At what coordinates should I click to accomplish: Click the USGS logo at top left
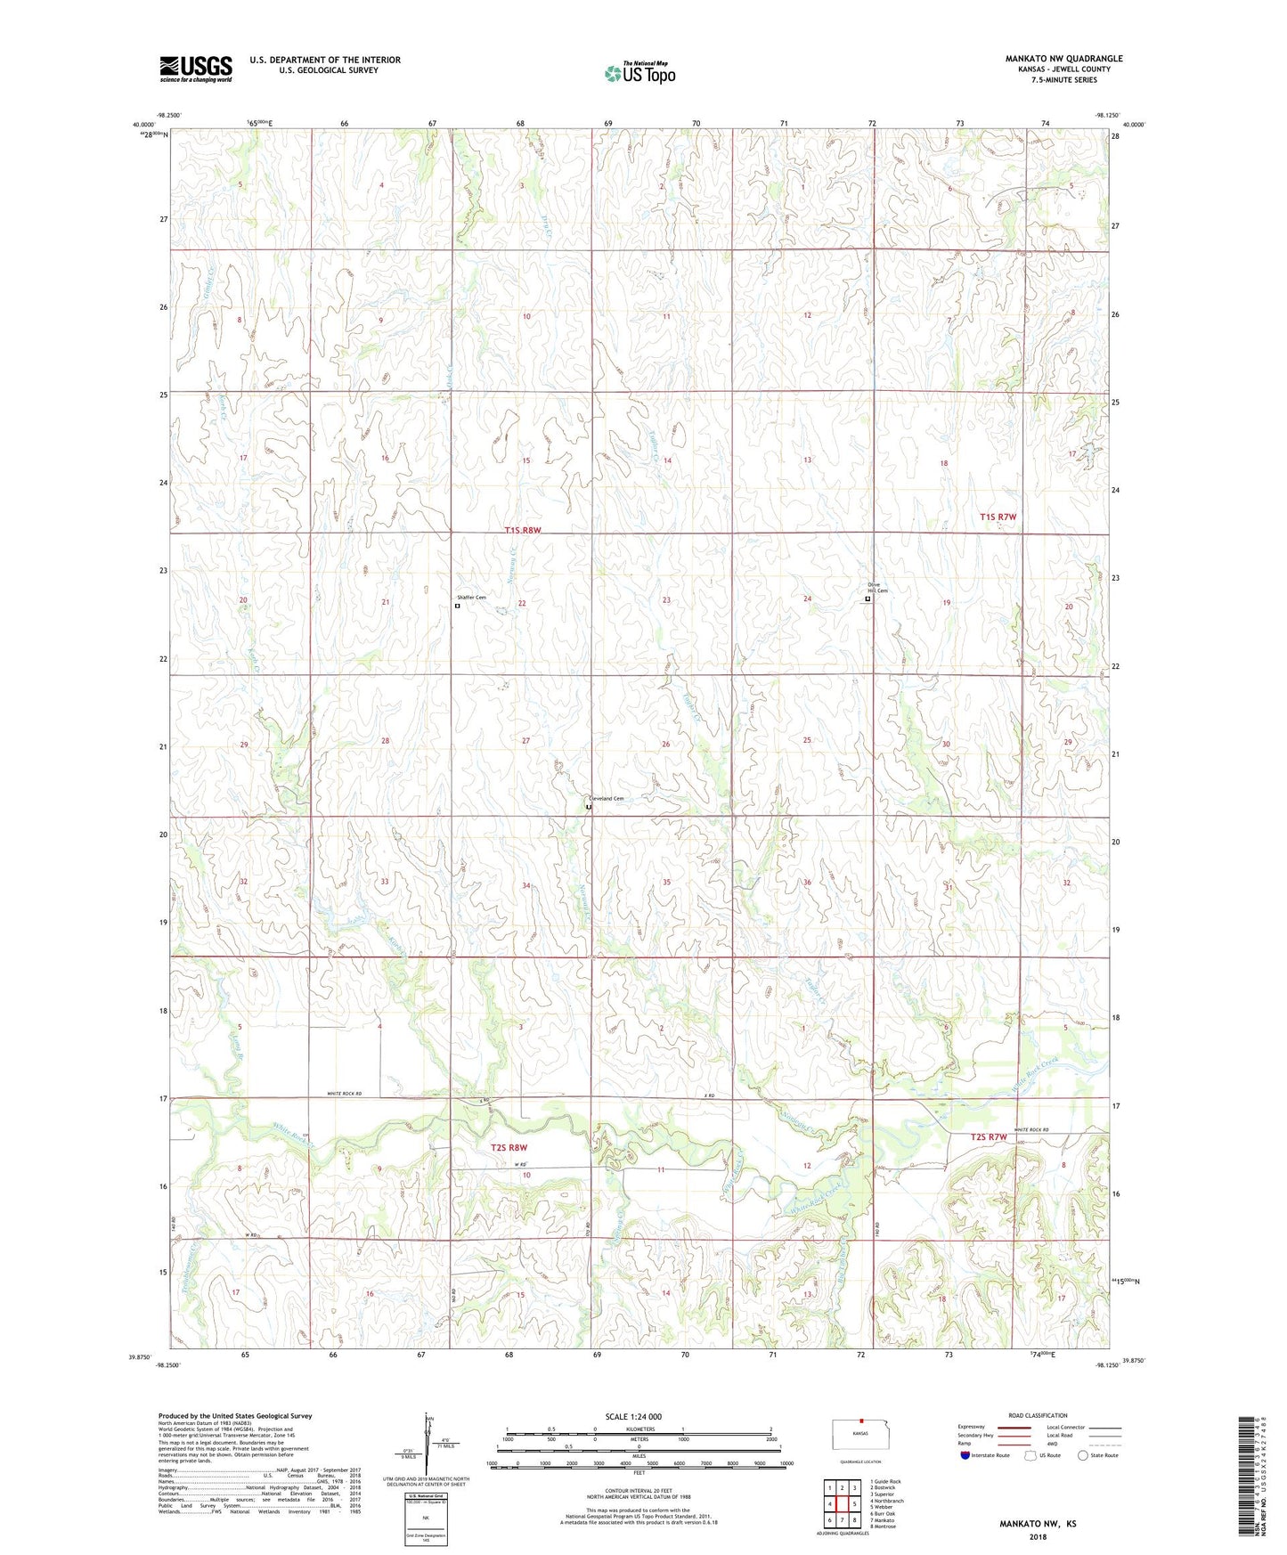coord(195,69)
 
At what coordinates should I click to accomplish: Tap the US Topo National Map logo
coord(639,73)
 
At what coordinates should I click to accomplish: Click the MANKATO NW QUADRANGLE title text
coord(1063,59)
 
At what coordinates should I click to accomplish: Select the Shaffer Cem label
coord(471,598)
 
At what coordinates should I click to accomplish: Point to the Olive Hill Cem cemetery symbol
coord(868,600)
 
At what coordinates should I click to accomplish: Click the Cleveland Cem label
coord(606,799)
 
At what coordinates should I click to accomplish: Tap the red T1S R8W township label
coord(523,531)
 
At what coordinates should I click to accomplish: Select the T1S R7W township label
coord(998,517)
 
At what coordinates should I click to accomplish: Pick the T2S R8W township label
coord(509,1148)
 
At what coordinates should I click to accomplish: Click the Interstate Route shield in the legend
coord(966,1455)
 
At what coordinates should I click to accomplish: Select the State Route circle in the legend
coord(1083,1455)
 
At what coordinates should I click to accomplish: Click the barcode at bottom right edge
coord(1246,1486)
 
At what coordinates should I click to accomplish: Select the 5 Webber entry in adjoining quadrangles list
coord(884,1507)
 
